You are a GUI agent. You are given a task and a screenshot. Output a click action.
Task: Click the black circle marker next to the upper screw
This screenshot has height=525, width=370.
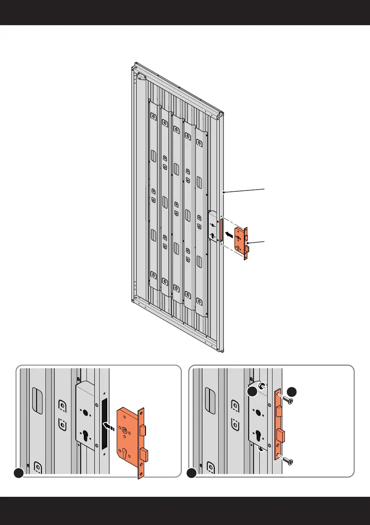pos(292,391)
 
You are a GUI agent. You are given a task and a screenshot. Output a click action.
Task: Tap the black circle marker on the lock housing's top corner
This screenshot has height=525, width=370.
pos(252,392)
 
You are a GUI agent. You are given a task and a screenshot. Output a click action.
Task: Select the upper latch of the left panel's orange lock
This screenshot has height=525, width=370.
pos(144,430)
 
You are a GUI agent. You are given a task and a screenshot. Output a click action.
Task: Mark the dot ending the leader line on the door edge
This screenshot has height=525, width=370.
pos(224,192)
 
